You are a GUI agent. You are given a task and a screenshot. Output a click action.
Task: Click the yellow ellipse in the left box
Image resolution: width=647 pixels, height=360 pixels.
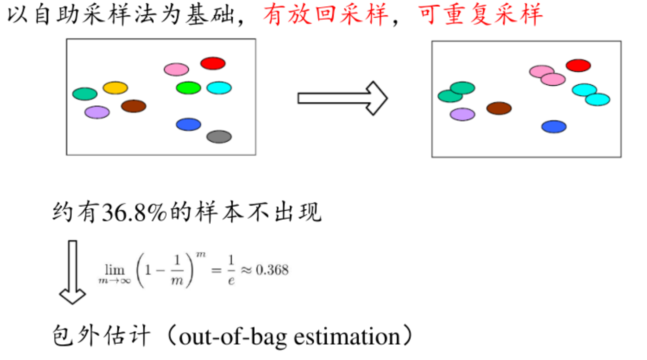tap(115, 88)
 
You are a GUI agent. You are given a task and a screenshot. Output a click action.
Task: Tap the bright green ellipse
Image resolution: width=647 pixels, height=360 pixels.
tap(188, 88)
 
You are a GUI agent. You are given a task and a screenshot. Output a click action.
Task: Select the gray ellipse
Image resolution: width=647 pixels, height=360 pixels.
tap(219, 136)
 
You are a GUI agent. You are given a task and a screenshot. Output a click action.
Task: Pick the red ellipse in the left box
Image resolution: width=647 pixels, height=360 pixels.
tap(213, 63)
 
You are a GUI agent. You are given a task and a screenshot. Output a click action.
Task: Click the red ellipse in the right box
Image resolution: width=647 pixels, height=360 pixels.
tap(578, 66)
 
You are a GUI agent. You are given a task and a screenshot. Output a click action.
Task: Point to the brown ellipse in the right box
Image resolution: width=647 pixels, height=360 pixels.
tap(499, 108)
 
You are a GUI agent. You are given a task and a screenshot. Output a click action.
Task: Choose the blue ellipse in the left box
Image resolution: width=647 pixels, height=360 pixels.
tap(188, 124)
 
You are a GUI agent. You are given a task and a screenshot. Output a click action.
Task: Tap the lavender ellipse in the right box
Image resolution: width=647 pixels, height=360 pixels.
tap(463, 114)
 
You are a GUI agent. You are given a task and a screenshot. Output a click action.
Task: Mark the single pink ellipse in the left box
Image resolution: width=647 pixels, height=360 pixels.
tap(176, 69)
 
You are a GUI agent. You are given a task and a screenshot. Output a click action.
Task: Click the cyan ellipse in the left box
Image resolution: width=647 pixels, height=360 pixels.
tap(219, 88)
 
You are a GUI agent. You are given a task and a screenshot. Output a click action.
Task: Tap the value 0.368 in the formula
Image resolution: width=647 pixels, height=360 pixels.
tap(272, 270)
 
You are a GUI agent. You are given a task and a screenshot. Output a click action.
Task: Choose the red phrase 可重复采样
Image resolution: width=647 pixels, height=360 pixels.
tap(480, 15)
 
